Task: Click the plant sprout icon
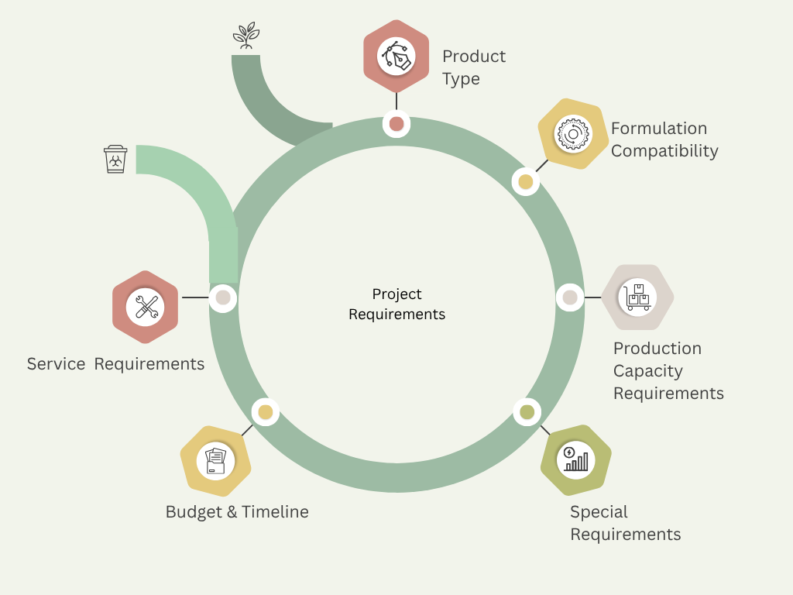click(x=246, y=36)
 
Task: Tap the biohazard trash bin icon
click(x=115, y=159)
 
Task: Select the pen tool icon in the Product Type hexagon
click(x=396, y=56)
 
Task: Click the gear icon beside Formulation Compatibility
click(x=573, y=134)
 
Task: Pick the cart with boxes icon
click(x=637, y=297)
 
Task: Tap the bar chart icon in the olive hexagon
click(x=576, y=459)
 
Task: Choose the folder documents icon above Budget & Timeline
click(x=215, y=461)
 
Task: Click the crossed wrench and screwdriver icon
click(x=146, y=307)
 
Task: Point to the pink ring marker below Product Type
click(x=396, y=124)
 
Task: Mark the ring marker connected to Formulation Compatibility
click(x=526, y=181)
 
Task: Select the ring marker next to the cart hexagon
click(x=570, y=297)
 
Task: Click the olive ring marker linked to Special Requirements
click(x=527, y=412)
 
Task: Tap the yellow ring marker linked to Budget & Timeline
click(x=266, y=412)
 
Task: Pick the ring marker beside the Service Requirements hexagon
click(x=223, y=297)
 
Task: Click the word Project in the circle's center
click(x=396, y=294)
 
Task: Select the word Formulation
click(x=659, y=129)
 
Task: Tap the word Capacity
click(x=648, y=371)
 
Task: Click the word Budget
click(x=194, y=512)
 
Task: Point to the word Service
click(x=56, y=364)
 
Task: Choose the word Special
click(x=599, y=512)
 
